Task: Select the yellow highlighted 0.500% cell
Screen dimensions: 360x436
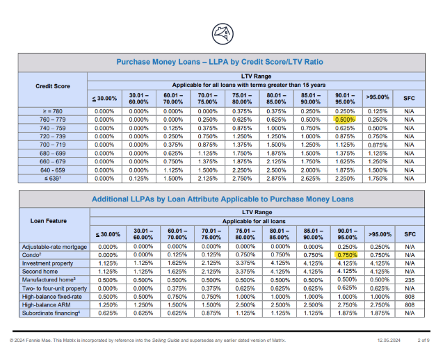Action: point(344,119)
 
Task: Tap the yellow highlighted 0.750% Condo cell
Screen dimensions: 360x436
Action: point(344,255)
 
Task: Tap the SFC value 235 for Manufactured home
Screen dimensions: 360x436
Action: point(409,279)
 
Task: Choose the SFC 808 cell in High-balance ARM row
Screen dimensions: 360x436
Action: point(409,304)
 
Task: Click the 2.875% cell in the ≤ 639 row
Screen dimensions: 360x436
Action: point(277,178)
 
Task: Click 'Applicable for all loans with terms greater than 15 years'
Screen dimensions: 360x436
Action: point(254,85)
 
